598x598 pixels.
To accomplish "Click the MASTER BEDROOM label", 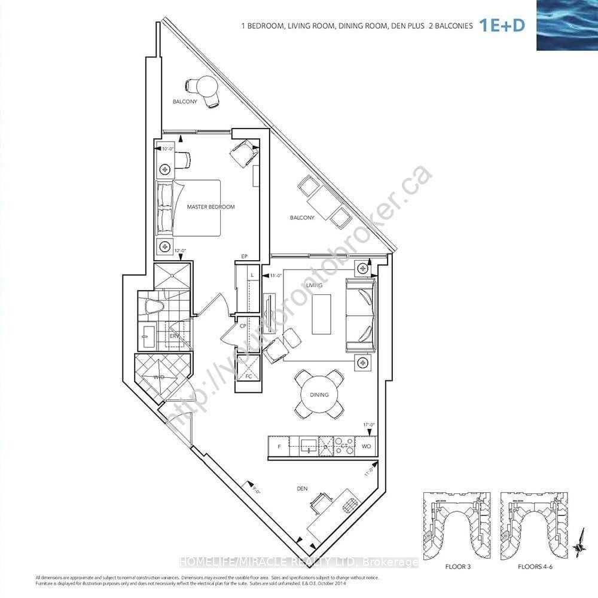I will [210, 207].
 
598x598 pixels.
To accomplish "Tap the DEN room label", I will [302, 489].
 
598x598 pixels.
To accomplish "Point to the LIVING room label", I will [314, 285].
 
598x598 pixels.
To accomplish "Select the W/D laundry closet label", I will [158, 377].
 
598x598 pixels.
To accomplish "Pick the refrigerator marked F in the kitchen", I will [278, 446].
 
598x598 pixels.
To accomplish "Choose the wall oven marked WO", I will [366, 446].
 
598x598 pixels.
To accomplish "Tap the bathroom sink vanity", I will [148, 340].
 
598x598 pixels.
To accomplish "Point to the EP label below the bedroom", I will [244, 256].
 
